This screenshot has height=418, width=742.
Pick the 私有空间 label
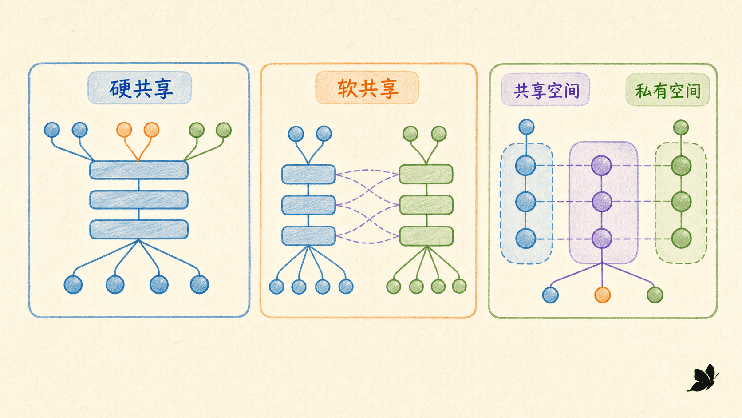coord(667,90)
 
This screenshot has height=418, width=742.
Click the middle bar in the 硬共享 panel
coord(139,200)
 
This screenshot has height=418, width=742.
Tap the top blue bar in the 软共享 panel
coord(308,175)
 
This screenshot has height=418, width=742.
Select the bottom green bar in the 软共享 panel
coord(426,236)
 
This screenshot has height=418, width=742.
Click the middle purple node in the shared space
coord(602,202)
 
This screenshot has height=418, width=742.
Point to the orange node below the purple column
coord(602,295)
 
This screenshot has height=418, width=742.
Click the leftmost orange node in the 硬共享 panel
coord(124,130)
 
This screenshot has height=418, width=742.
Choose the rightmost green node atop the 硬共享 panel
coord(224,130)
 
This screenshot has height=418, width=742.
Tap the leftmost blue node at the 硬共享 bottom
coord(73,284)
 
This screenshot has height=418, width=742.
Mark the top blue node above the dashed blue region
coord(526,127)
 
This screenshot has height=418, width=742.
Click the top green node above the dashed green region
coord(681,127)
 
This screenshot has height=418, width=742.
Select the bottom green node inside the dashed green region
coord(681,239)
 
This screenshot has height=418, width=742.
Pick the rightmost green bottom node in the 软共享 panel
coord(459,287)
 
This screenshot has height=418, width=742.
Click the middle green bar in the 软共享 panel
coord(426,205)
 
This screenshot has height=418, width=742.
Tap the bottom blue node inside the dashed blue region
coord(526,239)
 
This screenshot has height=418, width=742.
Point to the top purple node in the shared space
coord(601,165)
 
